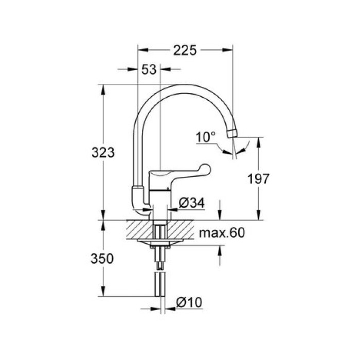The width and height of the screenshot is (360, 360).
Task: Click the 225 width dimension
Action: tap(185, 50)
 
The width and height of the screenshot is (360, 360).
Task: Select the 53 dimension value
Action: tap(149, 69)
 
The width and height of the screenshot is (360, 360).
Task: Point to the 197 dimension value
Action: tap(258, 179)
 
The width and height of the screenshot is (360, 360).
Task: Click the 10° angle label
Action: tap(206, 137)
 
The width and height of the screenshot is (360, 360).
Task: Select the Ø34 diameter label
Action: tap(192, 203)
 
